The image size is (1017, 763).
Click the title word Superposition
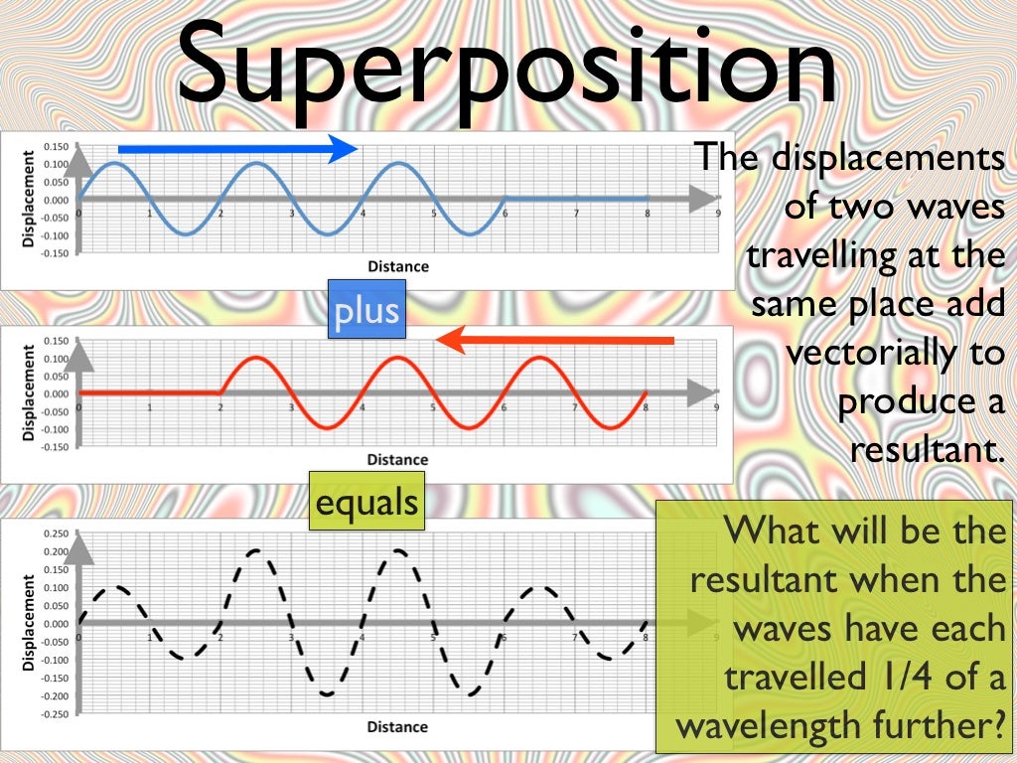(507, 68)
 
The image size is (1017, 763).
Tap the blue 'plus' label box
(366, 311)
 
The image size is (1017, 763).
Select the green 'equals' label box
(365, 503)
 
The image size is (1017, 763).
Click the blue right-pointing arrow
(237, 149)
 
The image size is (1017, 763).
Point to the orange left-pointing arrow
(555, 341)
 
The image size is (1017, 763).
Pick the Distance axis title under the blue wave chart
(397, 266)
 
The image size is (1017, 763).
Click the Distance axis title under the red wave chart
(397, 459)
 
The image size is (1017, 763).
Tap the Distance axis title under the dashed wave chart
(397, 727)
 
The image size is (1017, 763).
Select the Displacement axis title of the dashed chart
(27, 622)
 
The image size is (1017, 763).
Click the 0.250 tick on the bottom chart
(56, 534)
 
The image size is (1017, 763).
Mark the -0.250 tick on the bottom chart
(54, 713)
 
